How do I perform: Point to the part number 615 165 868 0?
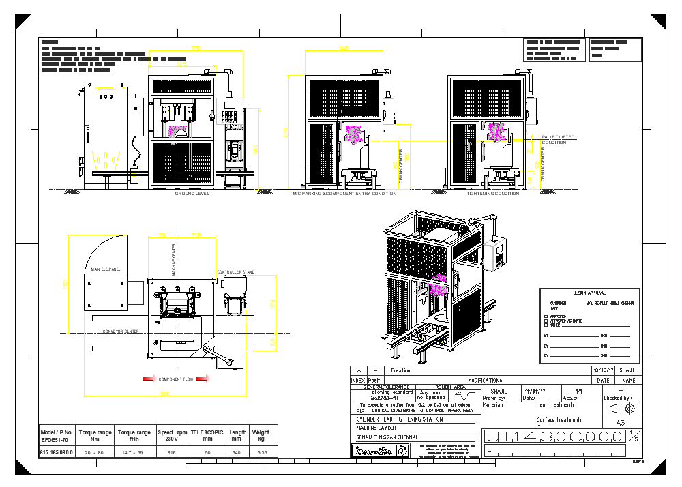pos(57,452)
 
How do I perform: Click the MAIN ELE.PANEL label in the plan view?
pos(105,269)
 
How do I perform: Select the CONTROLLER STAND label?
pos(235,272)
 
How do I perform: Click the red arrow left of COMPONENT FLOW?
pos(148,379)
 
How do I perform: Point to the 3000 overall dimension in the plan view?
pos(164,393)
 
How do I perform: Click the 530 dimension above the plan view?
pos(162,236)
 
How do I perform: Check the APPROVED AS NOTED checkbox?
pos(546,321)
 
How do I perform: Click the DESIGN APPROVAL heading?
pos(589,293)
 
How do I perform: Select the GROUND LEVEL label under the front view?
pos(192,194)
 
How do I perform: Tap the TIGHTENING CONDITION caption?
pos(492,194)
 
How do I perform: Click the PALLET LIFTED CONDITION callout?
pos(558,140)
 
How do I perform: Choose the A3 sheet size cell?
pos(620,423)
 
